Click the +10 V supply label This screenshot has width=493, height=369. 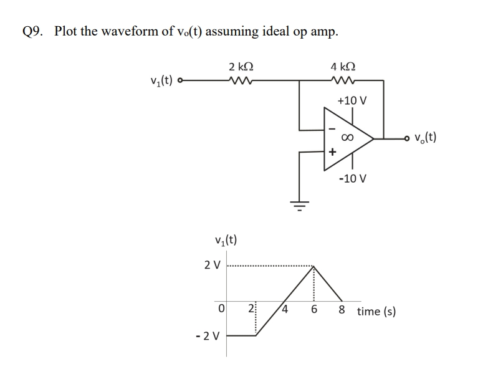click(352, 100)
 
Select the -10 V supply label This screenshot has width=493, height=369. click(352, 179)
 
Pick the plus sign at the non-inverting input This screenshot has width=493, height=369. click(332, 151)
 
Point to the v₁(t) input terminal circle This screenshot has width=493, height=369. click(181, 80)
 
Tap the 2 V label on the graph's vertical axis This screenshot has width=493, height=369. click(212, 265)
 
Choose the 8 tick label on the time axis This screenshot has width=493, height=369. click(342, 310)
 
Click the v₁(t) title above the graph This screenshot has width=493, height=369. click(224, 240)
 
